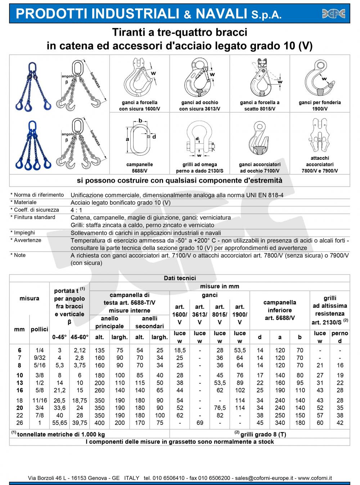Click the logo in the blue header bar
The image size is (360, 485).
[333, 14]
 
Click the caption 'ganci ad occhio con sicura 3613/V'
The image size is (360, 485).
[199, 106]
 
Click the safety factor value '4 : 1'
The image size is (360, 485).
[76, 210]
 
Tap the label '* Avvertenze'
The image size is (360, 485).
[26, 240]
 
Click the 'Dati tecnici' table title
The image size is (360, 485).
[180, 278]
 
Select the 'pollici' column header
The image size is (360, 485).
[39, 329]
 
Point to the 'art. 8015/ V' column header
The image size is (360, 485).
[220, 315]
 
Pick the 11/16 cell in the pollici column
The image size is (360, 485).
[40, 400]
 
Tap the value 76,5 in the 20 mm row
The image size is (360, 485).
[220, 408]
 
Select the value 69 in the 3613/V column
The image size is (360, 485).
[200, 423]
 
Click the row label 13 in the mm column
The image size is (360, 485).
[19, 383]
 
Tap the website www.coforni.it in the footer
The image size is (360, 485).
[315, 478]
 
